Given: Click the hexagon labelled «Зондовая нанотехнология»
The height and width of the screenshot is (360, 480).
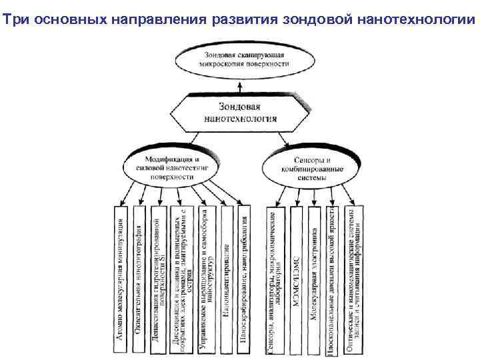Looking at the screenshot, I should (x=239, y=113).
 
